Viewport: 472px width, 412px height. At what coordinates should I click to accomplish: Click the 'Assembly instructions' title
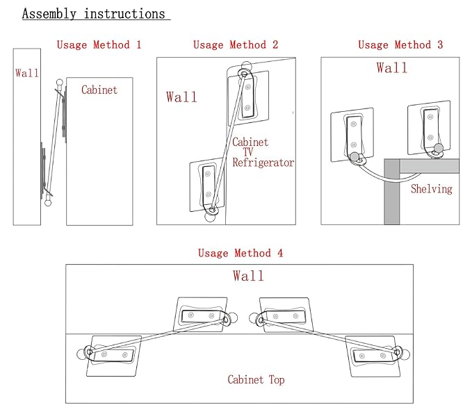94,14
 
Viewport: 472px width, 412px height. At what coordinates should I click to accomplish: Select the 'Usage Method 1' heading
99,45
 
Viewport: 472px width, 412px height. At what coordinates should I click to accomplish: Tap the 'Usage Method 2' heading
236,45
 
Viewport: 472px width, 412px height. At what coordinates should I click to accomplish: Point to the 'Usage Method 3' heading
400,45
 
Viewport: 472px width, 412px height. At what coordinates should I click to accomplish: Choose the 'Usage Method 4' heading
241,253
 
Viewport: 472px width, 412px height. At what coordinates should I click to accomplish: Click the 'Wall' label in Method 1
27,73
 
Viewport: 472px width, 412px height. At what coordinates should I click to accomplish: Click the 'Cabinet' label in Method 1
99,90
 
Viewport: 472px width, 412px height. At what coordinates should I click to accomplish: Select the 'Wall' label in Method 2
181,97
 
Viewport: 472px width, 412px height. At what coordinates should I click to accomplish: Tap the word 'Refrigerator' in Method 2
263,163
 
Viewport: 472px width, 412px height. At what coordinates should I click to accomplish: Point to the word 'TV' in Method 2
249,153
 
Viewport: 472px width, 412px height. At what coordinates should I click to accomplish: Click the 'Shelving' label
431,189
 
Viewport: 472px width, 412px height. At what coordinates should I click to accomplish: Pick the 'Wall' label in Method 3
392,68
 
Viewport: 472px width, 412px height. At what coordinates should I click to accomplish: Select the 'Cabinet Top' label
256,380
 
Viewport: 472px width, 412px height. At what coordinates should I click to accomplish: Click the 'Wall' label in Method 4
248,276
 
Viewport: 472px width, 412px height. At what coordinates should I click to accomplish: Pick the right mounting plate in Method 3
429,126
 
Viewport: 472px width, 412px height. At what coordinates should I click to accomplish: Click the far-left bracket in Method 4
114,355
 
